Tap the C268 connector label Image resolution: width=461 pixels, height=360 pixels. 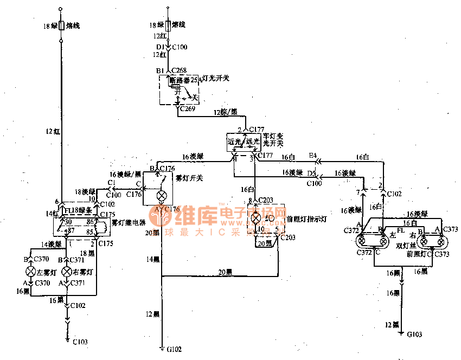click(x=179, y=70)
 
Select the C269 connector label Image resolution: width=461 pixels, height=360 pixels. click(x=189, y=108)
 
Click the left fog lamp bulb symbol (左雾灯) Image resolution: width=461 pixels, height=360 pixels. click(x=31, y=271)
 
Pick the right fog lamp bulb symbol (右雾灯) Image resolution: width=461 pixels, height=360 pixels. click(x=66, y=271)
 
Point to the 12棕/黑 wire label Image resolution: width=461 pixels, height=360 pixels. click(x=226, y=112)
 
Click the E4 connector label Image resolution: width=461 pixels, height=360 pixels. click(x=312, y=156)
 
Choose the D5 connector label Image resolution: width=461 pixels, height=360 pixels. click(x=311, y=173)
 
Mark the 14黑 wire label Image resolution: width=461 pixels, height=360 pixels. click(x=153, y=260)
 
